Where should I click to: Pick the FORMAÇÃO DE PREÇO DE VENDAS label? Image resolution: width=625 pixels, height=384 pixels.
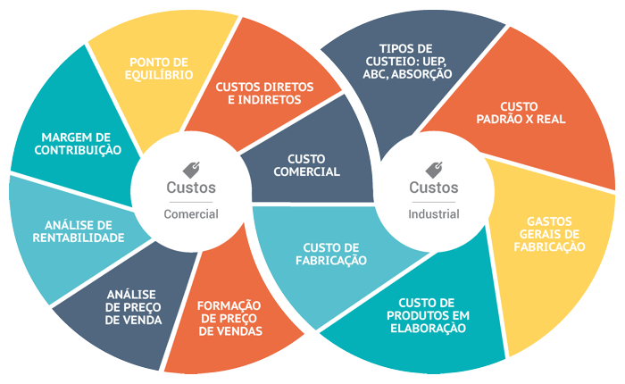click(229, 318)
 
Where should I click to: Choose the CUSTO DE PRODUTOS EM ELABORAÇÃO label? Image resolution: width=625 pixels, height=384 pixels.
click(427, 315)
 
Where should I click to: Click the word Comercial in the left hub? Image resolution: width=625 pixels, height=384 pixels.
click(191, 214)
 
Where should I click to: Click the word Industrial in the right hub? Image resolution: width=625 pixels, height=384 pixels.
click(435, 214)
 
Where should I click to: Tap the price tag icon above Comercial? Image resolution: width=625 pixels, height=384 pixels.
click(192, 169)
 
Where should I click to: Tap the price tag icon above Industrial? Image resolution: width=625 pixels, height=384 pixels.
click(435, 169)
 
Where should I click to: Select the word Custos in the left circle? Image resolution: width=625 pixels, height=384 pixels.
click(191, 188)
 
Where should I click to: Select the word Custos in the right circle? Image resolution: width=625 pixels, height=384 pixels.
click(434, 188)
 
